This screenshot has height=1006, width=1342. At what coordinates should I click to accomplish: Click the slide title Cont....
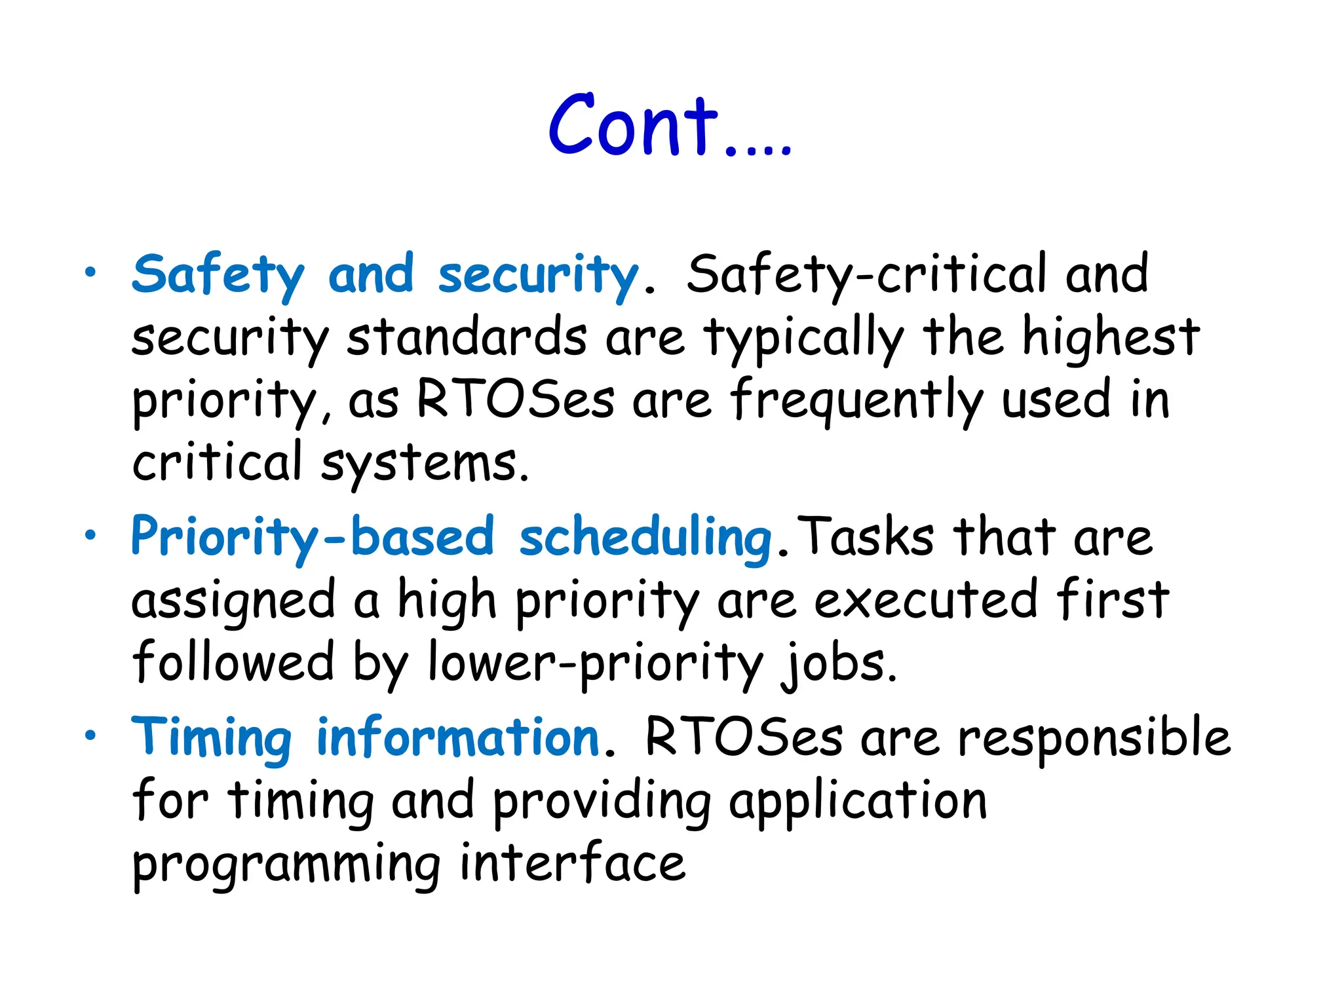(x=668, y=126)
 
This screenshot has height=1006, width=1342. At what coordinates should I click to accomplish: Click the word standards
(x=466, y=338)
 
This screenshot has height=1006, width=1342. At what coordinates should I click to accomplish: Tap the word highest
(x=1110, y=338)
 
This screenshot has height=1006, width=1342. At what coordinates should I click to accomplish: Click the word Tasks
(x=867, y=537)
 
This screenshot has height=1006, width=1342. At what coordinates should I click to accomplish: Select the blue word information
(x=457, y=737)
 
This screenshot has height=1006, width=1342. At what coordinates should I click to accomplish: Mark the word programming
(x=286, y=865)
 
